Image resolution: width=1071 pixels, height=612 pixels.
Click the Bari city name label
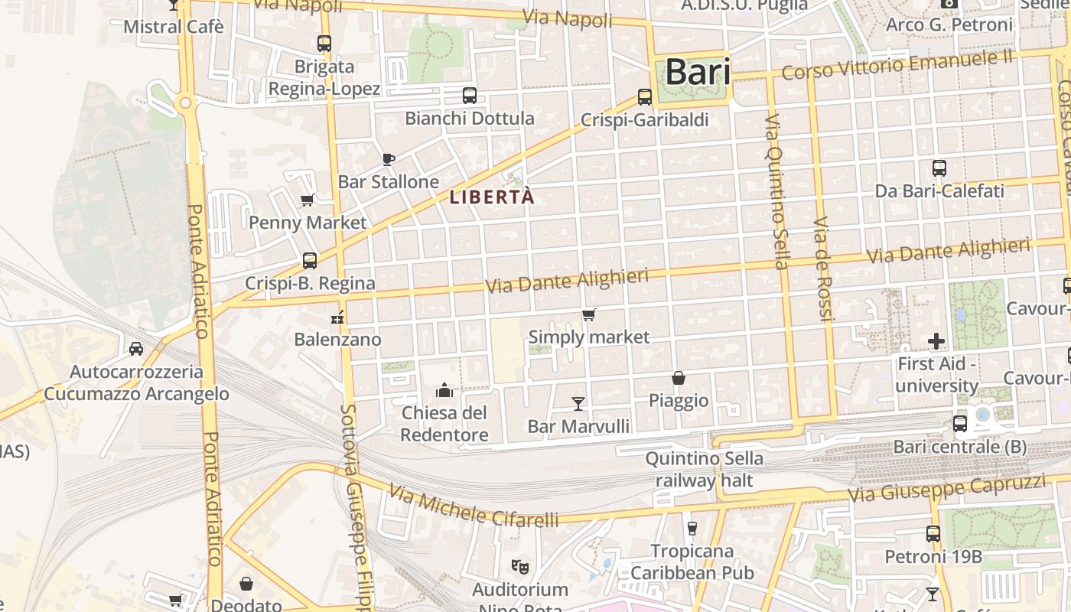coord(697,72)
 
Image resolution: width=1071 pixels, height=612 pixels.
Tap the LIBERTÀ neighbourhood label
coord(491,197)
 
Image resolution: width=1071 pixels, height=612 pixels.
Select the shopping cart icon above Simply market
coord(588,315)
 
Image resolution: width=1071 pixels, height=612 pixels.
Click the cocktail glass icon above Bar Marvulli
coord(578,403)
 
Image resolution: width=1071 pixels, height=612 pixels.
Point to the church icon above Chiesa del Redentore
coord(444,391)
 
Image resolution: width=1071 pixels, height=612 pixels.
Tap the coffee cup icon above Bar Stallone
coord(388,159)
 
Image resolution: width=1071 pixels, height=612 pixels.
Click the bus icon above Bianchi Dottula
coord(470,96)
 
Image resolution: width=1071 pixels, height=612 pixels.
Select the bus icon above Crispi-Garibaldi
coord(645,97)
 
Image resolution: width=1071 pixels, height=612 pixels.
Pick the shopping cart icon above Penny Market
coord(308,200)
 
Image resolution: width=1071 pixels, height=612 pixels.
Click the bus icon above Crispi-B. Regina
coord(310,260)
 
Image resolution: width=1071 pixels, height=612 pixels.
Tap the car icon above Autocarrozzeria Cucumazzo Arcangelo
coord(136,349)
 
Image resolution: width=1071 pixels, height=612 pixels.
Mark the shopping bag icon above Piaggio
coord(679,378)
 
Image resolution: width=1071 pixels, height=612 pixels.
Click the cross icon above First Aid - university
coord(936,340)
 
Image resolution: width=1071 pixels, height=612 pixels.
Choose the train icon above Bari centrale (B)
coord(960,423)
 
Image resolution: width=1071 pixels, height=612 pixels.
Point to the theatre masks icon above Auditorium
coord(520,567)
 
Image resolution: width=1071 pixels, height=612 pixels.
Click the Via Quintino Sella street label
coord(776,191)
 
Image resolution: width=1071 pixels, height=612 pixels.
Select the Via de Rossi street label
coord(822,268)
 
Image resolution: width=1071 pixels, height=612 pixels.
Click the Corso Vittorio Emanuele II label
coord(897,64)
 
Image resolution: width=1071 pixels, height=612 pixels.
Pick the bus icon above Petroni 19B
coord(933,534)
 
